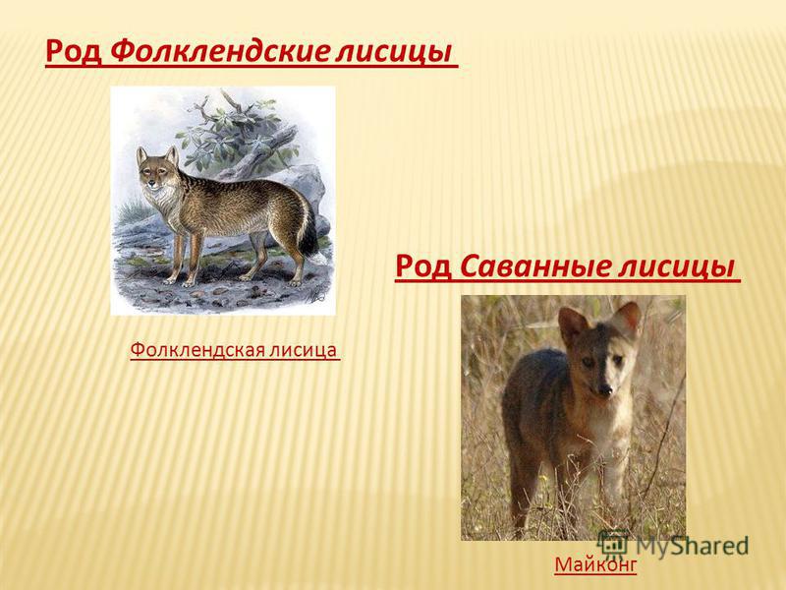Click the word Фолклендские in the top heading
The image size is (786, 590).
click(219, 51)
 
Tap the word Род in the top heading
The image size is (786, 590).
click(73, 51)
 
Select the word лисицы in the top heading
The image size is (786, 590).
click(394, 52)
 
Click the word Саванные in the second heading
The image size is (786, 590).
click(533, 265)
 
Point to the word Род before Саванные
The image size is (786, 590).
click(423, 265)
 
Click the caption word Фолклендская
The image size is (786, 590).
click(197, 350)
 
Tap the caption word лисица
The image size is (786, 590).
click(304, 350)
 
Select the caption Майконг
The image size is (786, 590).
click(595, 564)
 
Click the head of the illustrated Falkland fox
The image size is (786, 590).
click(157, 169)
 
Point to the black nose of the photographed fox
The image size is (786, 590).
click(605, 388)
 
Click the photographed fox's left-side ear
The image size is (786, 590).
click(572, 324)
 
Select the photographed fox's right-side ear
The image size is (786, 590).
click(628, 319)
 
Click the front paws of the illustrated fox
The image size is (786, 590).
click(180, 282)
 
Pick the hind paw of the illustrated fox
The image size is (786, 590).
click(296, 282)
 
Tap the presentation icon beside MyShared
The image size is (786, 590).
click(613, 544)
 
